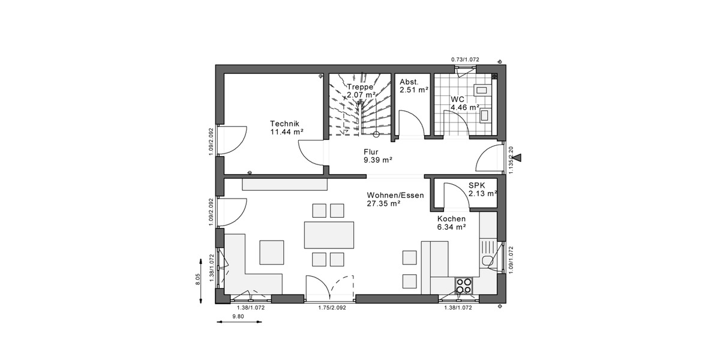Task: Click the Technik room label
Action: [283, 122]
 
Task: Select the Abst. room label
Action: [410, 82]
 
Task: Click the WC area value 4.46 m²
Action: [466, 108]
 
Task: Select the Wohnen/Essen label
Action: [395, 195]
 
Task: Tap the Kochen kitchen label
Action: [451, 219]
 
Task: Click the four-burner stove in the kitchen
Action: [464, 286]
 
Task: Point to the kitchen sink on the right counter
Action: [488, 260]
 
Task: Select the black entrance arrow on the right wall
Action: [517, 158]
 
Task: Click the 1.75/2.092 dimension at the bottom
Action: [332, 307]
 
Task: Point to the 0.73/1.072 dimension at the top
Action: [466, 59]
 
